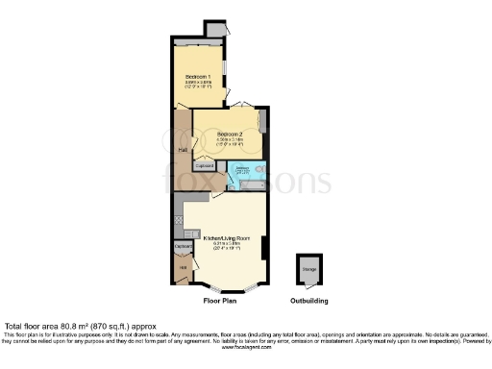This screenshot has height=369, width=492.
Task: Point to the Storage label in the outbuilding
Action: pyautogui.click(x=309, y=271)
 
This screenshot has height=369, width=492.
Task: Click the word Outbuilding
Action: pyautogui.click(x=309, y=301)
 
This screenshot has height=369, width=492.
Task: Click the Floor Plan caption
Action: pyautogui.click(x=220, y=301)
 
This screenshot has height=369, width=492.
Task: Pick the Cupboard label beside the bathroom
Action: pyautogui.click(x=205, y=166)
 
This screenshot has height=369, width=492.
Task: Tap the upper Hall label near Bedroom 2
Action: pyautogui.click(x=183, y=150)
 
